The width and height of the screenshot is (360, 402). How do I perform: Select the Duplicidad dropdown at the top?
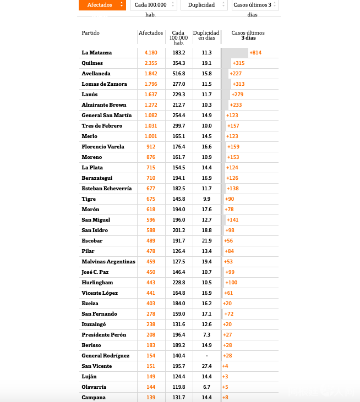(x=204, y=5)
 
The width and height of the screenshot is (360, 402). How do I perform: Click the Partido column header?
(x=91, y=33)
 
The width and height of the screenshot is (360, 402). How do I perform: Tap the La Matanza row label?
(x=97, y=53)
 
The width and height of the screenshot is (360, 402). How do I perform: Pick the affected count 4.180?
(x=151, y=53)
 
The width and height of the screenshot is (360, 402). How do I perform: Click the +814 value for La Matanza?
(x=255, y=53)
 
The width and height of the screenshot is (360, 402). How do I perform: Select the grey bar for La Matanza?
(x=235, y=53)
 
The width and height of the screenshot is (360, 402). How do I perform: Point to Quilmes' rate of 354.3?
(x=178, y=63)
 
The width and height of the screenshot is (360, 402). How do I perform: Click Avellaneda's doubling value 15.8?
(x=206, y=74)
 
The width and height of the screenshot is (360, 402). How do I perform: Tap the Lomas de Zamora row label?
(x=104, y=84)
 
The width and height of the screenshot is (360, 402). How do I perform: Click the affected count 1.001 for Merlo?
(x=151, y=136)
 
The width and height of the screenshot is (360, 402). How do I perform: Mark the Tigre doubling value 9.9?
(x=206, y=199)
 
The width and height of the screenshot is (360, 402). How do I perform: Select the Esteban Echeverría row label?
(x=106, y=189)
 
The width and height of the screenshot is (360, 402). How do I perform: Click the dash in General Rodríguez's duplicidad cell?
(x=206, y=356)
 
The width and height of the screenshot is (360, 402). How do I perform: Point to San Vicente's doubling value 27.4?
(x=206, y=366)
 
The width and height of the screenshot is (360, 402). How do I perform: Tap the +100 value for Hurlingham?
(x=231, y=283)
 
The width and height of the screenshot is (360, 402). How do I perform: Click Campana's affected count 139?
(x=151, y=398)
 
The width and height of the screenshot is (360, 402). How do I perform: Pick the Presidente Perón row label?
(x=103, y=335)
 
